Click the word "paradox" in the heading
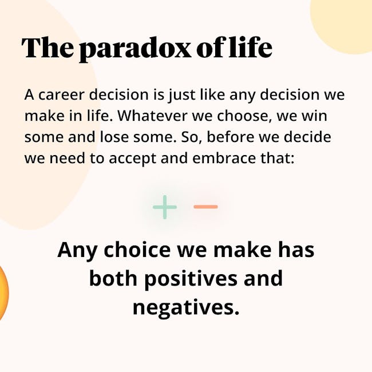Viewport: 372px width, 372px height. [134, 49]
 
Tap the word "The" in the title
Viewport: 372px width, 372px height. [48, 48]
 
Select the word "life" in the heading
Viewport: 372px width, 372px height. [250, 47]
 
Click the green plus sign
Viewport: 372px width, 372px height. [165, 207]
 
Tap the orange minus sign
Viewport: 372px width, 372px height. [205, 207]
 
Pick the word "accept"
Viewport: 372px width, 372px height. [132, 159]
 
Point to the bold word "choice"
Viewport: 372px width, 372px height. [137, 250]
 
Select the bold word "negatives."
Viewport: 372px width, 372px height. [186, 308]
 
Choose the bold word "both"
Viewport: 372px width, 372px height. [113, 278]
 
